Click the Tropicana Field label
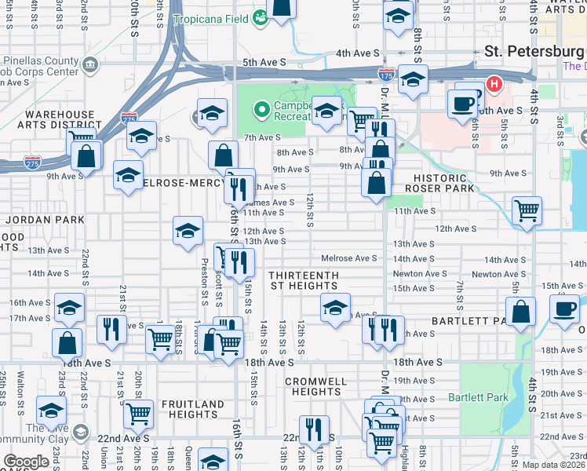pyautogui.click(x=210, y=18)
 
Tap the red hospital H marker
pyautogui.click(x=494, y=83)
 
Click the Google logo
pyautogui.click(x=27, y=462)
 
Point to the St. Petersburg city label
pyautogui.click(x=534, y=52)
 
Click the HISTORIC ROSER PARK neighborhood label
pyautogui.click(x=439, y=183)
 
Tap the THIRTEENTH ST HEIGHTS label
pyautogui.click(x=304, y=281)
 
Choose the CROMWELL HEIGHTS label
pyautogui.click(x=312, y=385)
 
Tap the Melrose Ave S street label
pyautogui.click(x=349, y=258)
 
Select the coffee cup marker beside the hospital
pyautogui.click(x=462, y=102)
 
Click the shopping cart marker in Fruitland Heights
pyautogui.click(x=139, y=412)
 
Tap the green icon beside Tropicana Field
pyautogui.click(x=261, y=17)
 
